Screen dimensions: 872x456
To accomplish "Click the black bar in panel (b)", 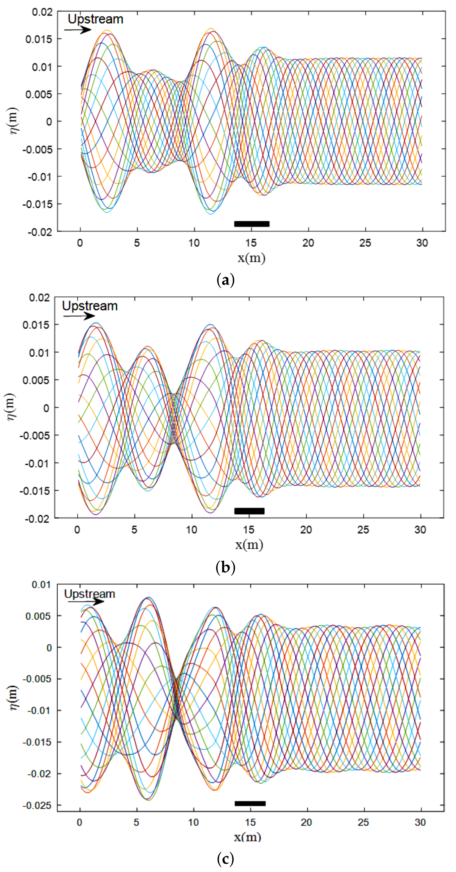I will pyautogui.click(x=249, y=511).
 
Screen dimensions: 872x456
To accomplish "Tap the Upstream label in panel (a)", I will pyautogui.click(x=95, y=19).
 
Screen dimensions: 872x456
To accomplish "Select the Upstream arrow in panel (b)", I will pyautogui.click(x=80, y=316).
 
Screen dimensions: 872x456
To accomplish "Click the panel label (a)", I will pyautogui.click(x=225, y=280).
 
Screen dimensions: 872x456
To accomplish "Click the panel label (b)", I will pyautogui.click(x=225, y=567).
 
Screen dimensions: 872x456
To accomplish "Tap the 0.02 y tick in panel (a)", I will pyautogui.click(x=42, y=12).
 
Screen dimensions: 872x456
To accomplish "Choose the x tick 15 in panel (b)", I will pyautogui.click(x=249, y=530).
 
